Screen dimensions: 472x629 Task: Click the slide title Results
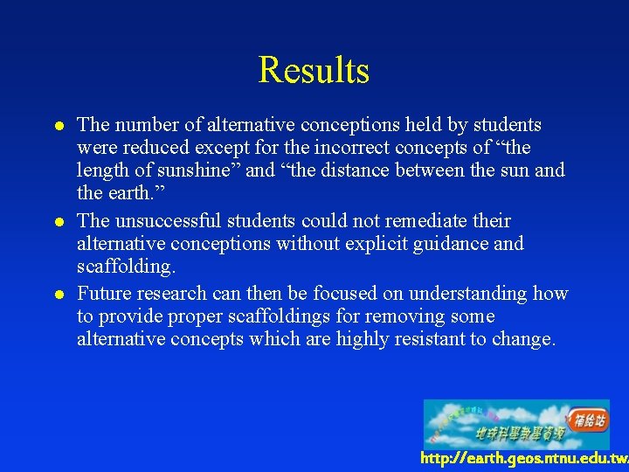314,70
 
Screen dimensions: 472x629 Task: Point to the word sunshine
197,170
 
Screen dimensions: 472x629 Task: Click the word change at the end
525,339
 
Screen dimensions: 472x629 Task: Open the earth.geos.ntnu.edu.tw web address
523,458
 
